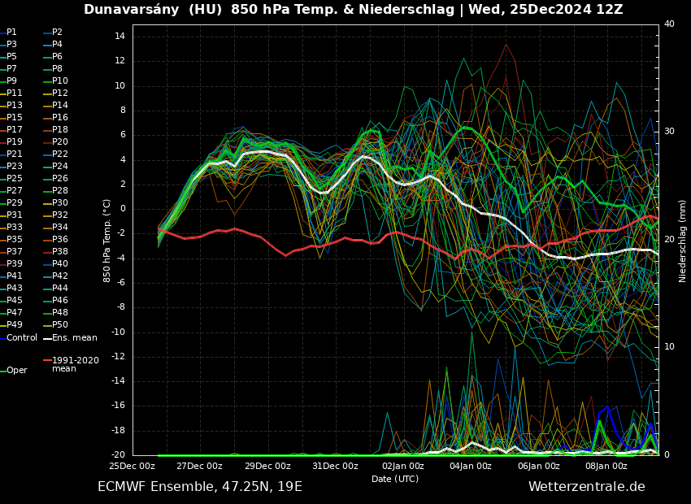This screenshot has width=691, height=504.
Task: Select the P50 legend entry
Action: click(x=60, y=325)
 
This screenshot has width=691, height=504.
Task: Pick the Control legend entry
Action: click(x=22, y=338)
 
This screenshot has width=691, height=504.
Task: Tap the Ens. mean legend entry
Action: click(x=74, y=338)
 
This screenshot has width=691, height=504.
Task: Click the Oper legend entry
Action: click(x=16, y=371)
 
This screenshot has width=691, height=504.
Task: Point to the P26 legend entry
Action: click(x=60, y=179)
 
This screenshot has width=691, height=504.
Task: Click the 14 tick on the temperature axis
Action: click(x=119, y=37)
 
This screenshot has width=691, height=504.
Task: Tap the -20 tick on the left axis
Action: click(x=116, y=455)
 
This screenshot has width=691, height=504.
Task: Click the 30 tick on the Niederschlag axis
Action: click(x=669, y=132)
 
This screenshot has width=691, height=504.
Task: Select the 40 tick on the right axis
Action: click(x=669, y=24)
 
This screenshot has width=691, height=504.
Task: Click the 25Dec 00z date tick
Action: click(x=133, y=467)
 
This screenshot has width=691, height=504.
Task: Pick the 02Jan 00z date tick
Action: click(x=403, y=467)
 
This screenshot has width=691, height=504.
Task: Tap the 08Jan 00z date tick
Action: click(x=606, y=467)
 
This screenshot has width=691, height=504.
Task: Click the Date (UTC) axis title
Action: click(x=395, y=480)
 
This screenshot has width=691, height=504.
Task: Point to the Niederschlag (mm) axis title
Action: click(x=683, y=241)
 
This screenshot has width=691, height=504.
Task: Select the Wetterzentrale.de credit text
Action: click(x=586, y=487)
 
